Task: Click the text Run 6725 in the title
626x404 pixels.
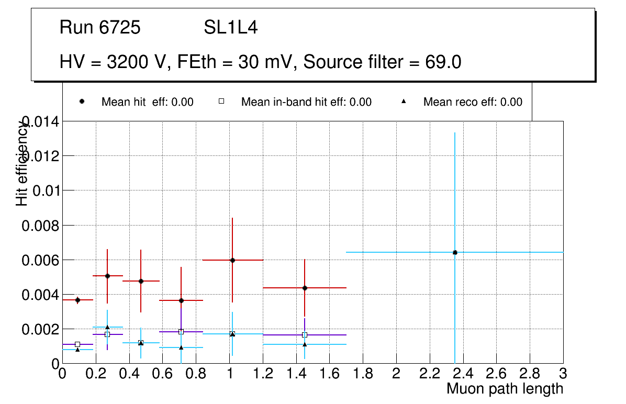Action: (100, 28)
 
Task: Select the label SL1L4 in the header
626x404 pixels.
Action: (230, 28)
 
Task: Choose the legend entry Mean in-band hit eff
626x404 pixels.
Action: (306, 102)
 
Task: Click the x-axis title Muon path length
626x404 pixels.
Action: (505, 389)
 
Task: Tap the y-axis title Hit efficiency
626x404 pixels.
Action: (22, 164)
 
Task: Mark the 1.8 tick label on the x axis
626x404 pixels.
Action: (363, 374)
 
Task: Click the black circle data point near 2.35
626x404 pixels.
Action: (455, 252)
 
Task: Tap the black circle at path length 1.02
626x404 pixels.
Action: (232, 260)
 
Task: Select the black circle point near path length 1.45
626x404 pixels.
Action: (305, 288)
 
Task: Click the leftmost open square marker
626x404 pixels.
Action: (77, 344)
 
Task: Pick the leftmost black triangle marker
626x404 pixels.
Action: (77, 350)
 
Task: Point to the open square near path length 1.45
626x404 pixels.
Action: (305, 335)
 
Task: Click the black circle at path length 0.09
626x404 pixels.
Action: (77, 300)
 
